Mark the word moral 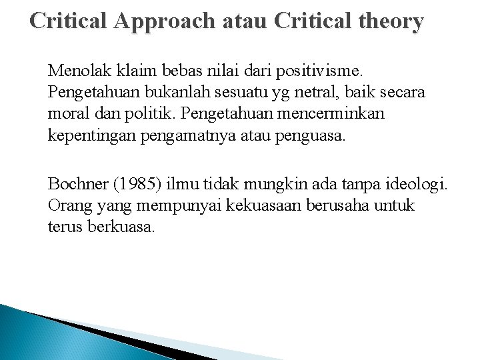point(67,113)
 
